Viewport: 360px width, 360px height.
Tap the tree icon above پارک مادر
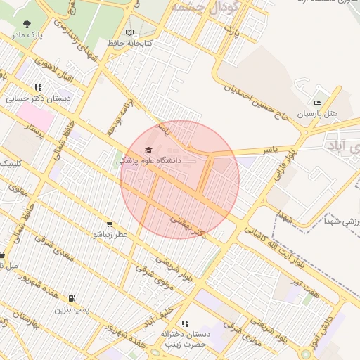click(x=27, y=25)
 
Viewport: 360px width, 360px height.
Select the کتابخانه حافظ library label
click(x=130, y=43)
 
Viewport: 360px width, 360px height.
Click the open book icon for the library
click(x=129, y=32)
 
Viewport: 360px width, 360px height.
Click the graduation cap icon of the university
click(x=148, y=150)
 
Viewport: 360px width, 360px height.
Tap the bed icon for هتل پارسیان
click(x=317, y=103)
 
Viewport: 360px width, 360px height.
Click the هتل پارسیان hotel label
click(x=317, y=113)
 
